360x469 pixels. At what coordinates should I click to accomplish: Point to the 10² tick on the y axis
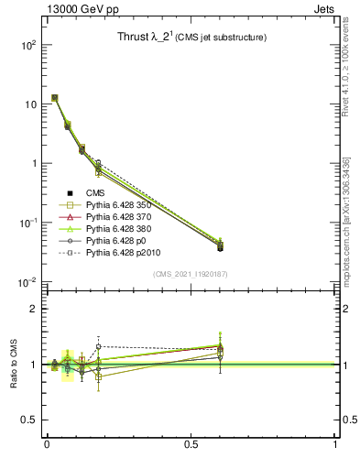(x=27, y=45)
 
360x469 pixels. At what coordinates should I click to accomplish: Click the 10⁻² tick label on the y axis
(x=26, y=282)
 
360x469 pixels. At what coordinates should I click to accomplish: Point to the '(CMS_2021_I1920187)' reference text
(x=191, y=273)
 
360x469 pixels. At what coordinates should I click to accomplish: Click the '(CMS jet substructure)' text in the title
(x=221, y=38)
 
